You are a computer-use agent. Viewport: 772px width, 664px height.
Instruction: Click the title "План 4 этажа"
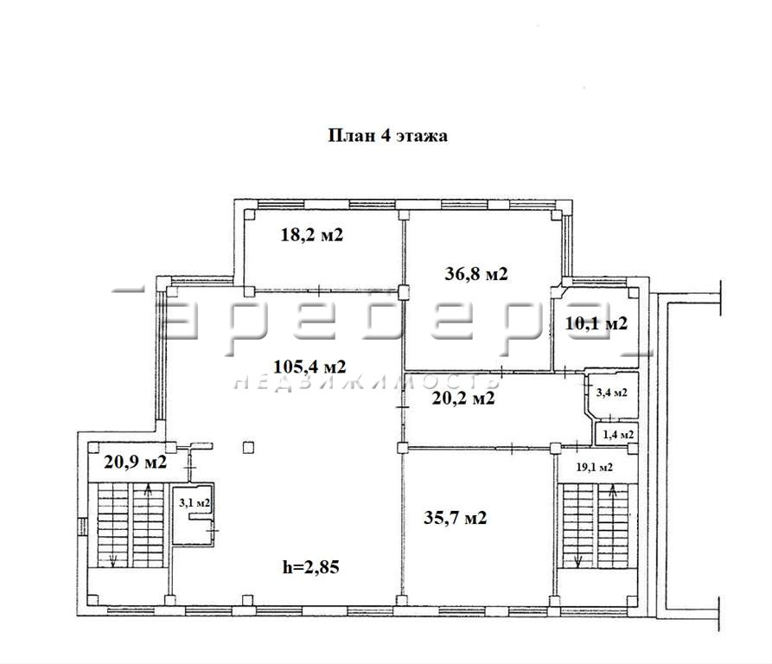pyautogui.click(x=387, y=136)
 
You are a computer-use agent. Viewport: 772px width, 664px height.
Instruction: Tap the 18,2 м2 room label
pyautogui.click(x=312, y=235)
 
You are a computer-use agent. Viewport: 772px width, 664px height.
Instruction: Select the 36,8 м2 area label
pyautogui.click(x=476, y=274)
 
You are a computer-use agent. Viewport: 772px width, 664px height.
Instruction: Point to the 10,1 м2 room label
pyautogui.click(x=597, y=323)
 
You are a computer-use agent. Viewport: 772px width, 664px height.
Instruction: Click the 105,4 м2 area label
pyautogui.click(x=309, y=367)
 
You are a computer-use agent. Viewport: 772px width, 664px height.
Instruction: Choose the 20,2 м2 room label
pyautogui.click(x=463, y=398)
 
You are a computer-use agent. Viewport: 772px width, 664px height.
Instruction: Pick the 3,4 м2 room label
pyautogui.click(x=611, y=393)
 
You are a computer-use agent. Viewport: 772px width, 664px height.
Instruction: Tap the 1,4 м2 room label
pyautogui.click(x=618, y=435)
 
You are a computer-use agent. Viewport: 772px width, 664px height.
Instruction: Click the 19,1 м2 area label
pyautogui.click(x=594, y=467)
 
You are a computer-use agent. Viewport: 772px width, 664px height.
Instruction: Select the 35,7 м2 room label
pyautogui.click(x=456, y=518)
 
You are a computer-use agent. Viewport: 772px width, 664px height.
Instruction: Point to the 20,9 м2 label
pyautogui.click(x=136, y=463)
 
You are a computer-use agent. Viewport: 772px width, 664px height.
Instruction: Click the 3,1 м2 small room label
pyautogui.click(x=195, y=503)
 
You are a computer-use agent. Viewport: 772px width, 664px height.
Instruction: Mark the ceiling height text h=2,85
pyautogui.click(x=311, y=567)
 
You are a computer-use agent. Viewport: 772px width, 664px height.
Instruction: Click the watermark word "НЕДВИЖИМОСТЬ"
pyautogui.click(x=367, y=382)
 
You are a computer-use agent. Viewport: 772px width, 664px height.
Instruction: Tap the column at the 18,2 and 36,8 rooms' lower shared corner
pyautogui.click(x=404, y=293)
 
